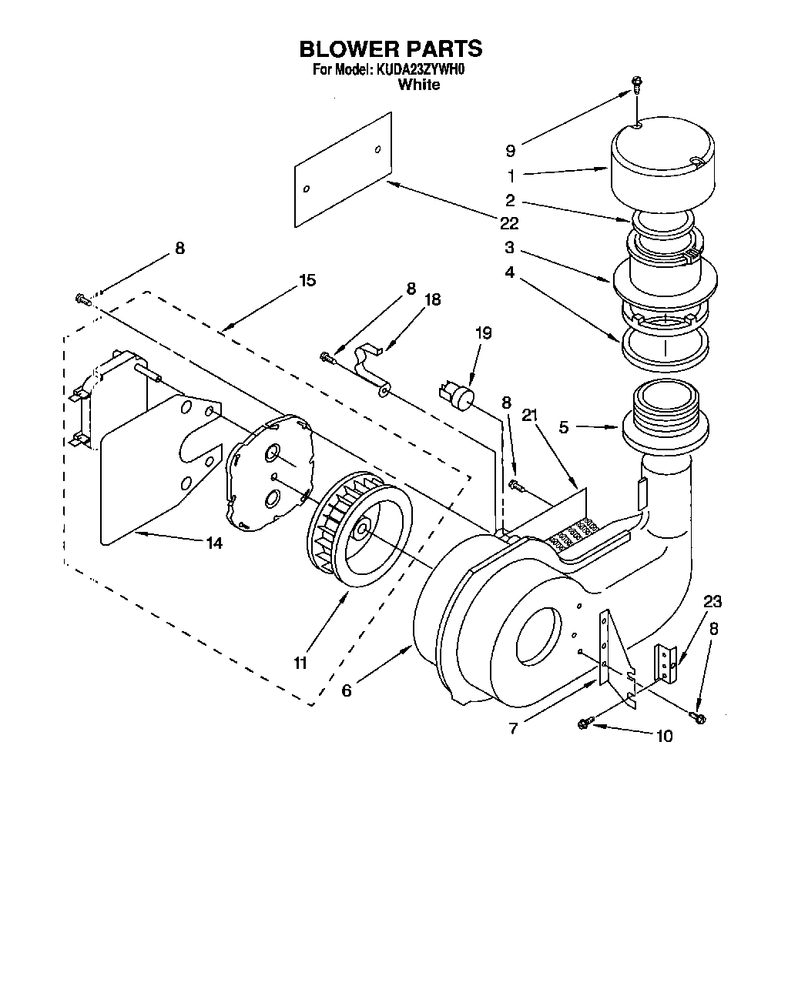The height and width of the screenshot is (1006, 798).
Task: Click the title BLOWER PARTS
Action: coord(391,49)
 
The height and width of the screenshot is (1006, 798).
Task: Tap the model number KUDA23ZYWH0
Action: coord(421,70)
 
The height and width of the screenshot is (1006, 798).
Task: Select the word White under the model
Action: coord(418,85)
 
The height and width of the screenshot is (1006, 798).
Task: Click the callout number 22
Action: coord(508,223)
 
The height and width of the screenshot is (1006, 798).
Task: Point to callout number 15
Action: coord(307,280)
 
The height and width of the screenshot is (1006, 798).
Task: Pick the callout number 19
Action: coord(483,333)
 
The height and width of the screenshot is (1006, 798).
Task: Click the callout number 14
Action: coord(214,543)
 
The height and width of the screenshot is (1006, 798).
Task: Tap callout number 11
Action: coord(300,663)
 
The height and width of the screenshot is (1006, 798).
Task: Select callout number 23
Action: coord(712,601)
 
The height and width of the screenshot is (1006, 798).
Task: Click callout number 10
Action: coord(663,736)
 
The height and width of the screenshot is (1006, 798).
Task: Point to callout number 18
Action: coord(433,299)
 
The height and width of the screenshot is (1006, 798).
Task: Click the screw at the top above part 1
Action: coord(636,84)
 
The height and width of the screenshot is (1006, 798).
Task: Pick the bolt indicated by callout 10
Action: coord(584,723)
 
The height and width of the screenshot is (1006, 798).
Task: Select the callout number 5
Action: coord(564,426)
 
